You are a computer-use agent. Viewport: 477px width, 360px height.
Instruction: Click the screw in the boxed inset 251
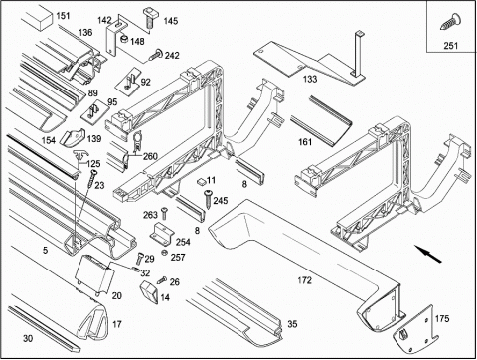[x=448, y=22]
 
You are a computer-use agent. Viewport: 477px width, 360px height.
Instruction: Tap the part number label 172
[x=305, y=280]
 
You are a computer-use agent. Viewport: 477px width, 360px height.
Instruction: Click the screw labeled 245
[x=208, y=199]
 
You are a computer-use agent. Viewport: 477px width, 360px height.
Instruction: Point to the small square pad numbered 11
[x=201, y=181]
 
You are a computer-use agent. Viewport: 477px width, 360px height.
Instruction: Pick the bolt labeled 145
[x=150, y=17]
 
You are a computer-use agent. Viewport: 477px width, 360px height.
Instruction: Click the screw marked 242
[x=155, y=55]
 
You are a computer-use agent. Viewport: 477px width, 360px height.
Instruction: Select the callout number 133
[x=310, y=79]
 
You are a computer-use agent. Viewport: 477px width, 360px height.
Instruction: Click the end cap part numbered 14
[x=150, y=291]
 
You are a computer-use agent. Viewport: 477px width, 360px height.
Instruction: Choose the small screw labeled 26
[x=162, y=280]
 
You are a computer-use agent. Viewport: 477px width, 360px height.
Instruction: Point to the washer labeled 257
[x=164, y=254]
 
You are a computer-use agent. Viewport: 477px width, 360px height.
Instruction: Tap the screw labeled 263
[x=164, y=213]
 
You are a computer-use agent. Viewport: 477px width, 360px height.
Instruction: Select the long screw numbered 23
[x=91, y=181]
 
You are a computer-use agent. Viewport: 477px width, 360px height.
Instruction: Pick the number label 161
[x=305, y=142]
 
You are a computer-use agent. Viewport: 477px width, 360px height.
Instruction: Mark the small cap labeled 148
[x=124, y=40]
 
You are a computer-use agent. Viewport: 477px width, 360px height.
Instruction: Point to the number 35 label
[x=292, y=324]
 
